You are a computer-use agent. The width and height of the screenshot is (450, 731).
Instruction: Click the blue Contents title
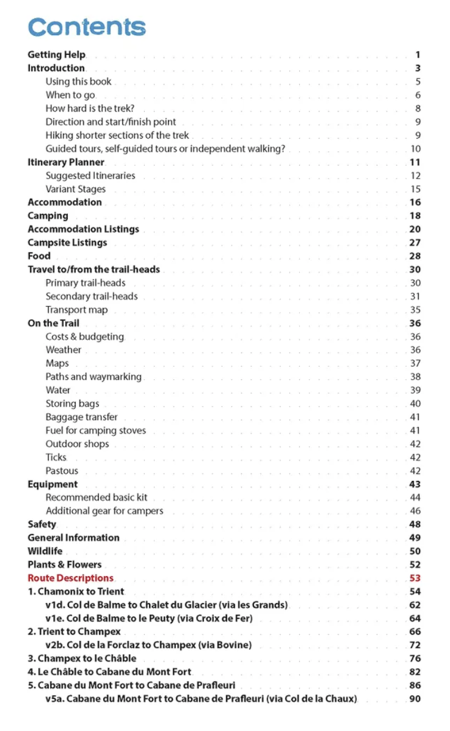pos(86,27)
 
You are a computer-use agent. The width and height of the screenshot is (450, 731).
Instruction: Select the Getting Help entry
pos(57,55)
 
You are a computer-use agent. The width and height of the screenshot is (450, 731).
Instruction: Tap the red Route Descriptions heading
pos(70,578)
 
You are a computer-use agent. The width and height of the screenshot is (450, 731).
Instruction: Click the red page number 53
pos(415,578)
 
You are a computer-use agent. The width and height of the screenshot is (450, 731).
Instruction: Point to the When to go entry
pos(70,95)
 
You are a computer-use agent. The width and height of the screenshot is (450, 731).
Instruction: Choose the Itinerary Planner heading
pos(66,162)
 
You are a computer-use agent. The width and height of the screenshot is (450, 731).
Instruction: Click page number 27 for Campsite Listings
pos(415,242)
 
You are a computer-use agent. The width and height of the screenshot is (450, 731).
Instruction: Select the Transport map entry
pos(77,310)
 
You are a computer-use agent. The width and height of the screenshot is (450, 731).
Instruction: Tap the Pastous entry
pos(62,471)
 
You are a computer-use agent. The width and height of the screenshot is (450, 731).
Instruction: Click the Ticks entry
pos(56,457)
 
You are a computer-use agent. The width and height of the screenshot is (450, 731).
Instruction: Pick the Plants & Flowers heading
pos(64,564)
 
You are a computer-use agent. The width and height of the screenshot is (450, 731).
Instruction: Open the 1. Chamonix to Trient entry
pos(76,592)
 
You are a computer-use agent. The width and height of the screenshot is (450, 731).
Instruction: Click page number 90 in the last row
pos(415,699)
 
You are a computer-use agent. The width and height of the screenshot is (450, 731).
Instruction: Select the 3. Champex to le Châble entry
pos(82,658)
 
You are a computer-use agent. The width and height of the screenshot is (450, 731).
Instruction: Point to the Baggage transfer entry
pos(82,417)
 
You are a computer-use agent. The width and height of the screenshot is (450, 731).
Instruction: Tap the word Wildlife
pos(45,551)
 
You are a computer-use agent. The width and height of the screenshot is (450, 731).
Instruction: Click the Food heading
pos(39,256)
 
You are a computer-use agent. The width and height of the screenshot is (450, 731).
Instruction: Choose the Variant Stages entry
pos(76,189)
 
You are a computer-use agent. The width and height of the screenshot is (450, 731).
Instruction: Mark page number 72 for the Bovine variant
pos(415,645)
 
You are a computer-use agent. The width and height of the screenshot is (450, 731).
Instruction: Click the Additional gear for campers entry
pos(104,511)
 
